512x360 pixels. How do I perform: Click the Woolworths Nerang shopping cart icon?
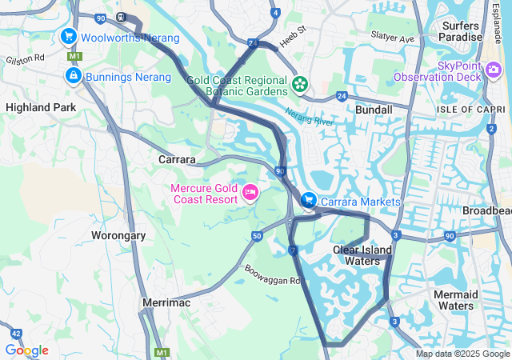[69, 36]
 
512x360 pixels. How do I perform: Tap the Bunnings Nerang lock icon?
[73, 75]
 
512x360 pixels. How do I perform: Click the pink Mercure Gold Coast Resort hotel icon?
[250, 192]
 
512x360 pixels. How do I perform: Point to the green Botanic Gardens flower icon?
[300, 83]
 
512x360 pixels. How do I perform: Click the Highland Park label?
[41, 106]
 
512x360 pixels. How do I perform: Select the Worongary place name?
[118, 236]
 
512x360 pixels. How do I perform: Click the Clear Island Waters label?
[362, 255]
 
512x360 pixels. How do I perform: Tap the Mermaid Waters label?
[457, 300]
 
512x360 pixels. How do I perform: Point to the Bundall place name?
[374, 110]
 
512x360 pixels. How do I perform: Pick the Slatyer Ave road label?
[393, 38]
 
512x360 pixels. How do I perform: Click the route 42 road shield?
[16, 333]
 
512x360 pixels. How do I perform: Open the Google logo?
[26, 350]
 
